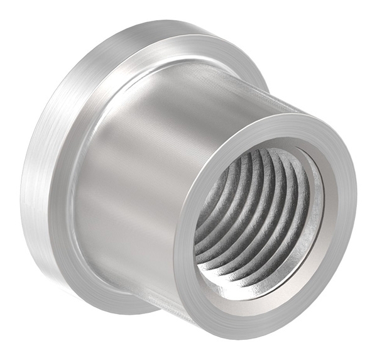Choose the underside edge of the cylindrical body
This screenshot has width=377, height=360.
click(145, 295)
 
